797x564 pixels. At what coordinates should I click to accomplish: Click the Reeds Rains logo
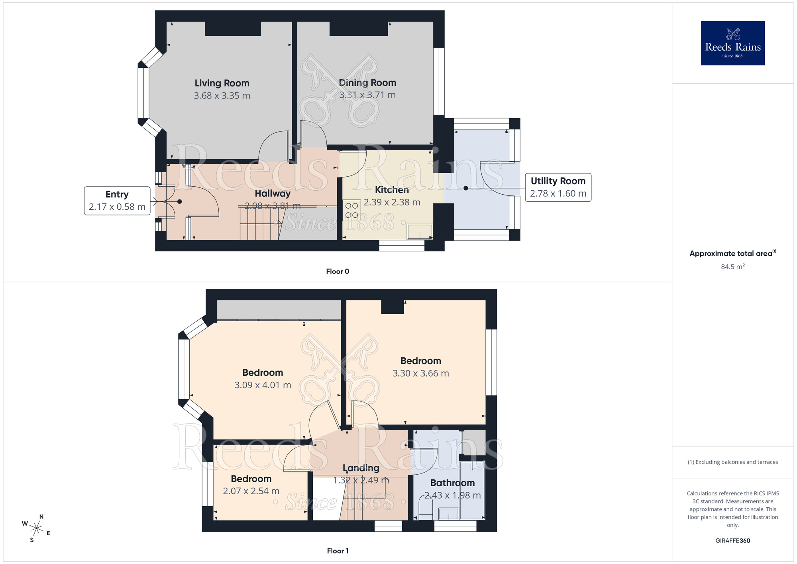tap(732, 43)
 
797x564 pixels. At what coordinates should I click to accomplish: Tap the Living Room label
tap(222, 83)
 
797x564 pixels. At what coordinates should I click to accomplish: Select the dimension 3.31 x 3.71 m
tap(367, 95)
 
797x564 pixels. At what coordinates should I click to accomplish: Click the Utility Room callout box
tap(558, 187)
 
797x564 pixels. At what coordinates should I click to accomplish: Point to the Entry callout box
tap(117, 201)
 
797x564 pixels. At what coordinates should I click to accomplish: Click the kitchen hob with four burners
tap(351, 211)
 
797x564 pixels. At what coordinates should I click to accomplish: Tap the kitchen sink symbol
tap(420, 232)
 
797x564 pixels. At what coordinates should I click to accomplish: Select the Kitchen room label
tap(392, 190)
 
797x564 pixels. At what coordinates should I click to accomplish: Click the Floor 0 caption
tap(338, 271)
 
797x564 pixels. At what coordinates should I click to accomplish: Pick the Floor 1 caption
tap(338, 551)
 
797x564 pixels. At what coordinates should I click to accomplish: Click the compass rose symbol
tap(36, 529)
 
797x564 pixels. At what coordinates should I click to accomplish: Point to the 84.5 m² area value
tap(732, 266)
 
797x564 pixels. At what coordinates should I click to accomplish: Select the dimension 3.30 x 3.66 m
tap(420, 373)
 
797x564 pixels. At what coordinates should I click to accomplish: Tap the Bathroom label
tap(452, 483)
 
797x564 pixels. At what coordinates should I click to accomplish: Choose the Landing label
tap(361, 468)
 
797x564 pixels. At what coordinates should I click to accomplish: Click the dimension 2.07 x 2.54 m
tap(251, 491)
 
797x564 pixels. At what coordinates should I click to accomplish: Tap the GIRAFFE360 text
tap(732, 540)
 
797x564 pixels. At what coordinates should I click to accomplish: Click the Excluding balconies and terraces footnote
tap(732, 462)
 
